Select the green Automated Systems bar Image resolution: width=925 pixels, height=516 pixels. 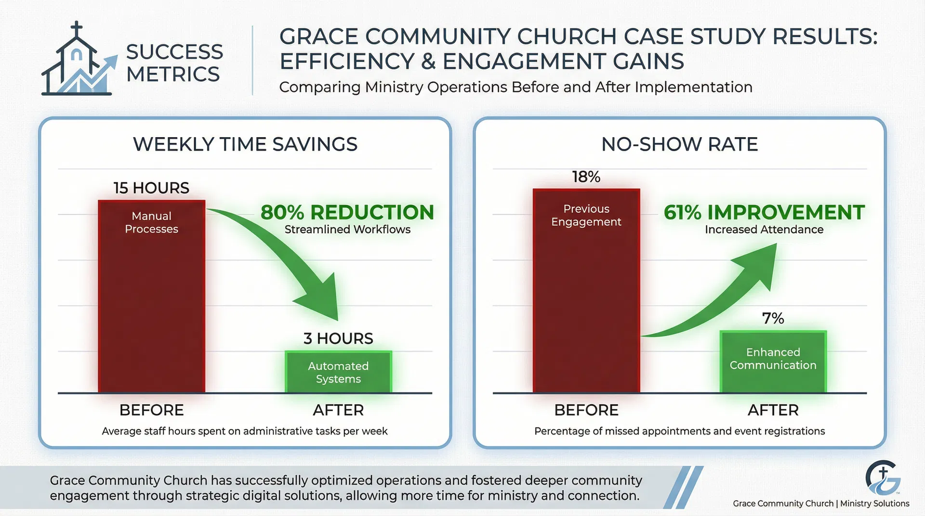pyautogui.click(x=338, y=372)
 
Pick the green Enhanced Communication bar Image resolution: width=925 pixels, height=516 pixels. pyautogui.click(x=773, y=361)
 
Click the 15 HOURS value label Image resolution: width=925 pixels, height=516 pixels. pyautogui.click(x=151, y=188)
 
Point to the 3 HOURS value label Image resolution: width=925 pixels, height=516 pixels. pyautogui.click(x=338, y=338)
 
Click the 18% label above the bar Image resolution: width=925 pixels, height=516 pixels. pyautogui.click(x=586, y=177)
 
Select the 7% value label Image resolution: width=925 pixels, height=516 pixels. pyautogui.click(x=773, y=318)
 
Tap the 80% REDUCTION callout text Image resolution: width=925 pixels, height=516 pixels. pyautogui.click(x=347, y=212)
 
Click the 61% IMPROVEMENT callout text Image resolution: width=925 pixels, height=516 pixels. pyautogui.click(x=764, y=212)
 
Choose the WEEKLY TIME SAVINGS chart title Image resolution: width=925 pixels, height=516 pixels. pyautogui.click(x=245, y=144)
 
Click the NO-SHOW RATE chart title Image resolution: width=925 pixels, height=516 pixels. pyautogui.click(x=679, y=144)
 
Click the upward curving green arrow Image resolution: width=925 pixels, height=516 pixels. pyautogui.click(x=723, y=298)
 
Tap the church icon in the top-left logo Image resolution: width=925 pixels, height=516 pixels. pyautogui.click(x=77, y=63)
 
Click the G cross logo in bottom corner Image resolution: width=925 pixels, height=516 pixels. pyautogui.click(x=883, y=478)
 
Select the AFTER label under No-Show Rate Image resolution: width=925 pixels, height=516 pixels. pyautogui.click(x=773, y=410)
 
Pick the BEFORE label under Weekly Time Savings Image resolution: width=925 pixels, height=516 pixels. pyautogui.click(x=151, y=410)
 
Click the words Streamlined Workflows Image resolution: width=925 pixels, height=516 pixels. pyautogui.click(x=347, y=230)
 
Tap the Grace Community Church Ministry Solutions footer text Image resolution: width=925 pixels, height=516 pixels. pyautogui.click(x=821, y=503)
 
